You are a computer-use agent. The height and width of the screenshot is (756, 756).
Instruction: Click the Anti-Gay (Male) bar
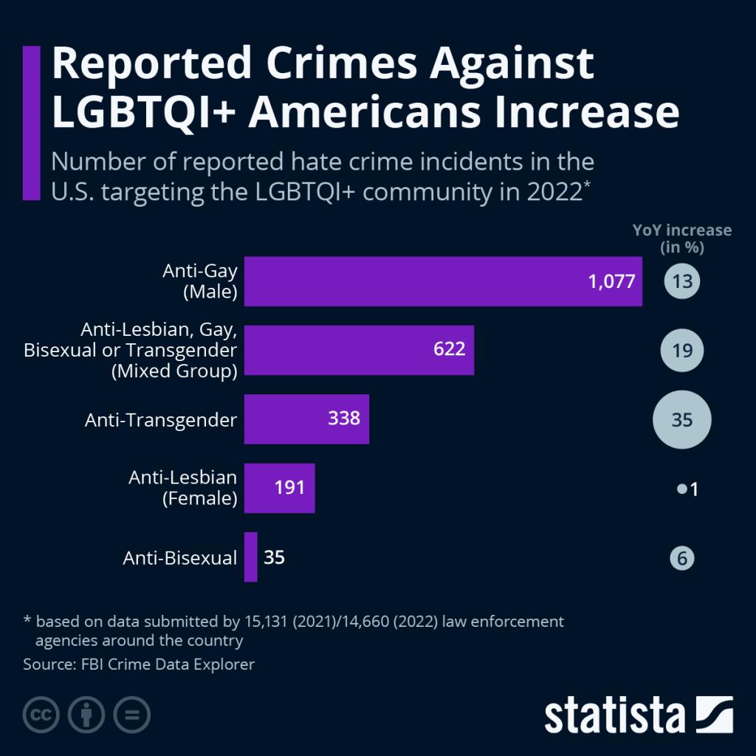pyautogui.click(x=443, y=281)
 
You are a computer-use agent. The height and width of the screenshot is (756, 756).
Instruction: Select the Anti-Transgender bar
pyautogui.click(x=306, y=419)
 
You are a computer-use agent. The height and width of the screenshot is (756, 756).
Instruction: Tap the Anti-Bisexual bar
pyautogui.click(x=250, y=557)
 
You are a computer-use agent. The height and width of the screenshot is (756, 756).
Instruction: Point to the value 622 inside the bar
pyautogui.click(x=449, y=349)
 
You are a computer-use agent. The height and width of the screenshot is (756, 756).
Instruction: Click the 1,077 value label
pyautogui.click(x=612, y=281)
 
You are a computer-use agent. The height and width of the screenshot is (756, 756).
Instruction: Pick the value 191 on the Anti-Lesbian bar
pyautogui.click(x=289, y=488)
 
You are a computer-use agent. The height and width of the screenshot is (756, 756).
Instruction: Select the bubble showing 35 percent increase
pyautogui.click(x=681, y=419)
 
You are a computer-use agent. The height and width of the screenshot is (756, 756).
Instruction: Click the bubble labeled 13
pyautogui.click(x=681, y=281)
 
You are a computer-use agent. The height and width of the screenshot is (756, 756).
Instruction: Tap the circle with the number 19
pyautogui.click(x=681, y=350)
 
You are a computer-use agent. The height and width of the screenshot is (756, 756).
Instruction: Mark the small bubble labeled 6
pyautogui.click(x=681, y=558)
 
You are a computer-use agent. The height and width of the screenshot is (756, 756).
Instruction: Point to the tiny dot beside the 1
pyautogui.click(x=681, y=489)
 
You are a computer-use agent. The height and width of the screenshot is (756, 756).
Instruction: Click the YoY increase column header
pyautogui.click(x=681, y=238)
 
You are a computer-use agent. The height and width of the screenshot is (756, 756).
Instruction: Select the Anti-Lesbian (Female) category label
pyautogui.click(x=182, y=488)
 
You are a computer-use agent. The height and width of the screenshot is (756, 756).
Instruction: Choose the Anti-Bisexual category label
pyautogui.click(x=179, y=558)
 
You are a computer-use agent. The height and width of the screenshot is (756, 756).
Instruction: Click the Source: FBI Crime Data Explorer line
pyautogui.click(x=139, y=664)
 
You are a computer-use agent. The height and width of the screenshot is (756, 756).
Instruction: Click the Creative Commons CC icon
pyautogui.click(x=41, y=715)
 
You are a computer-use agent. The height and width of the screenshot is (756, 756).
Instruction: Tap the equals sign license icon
pyautogui.click(x=131, y=715)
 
